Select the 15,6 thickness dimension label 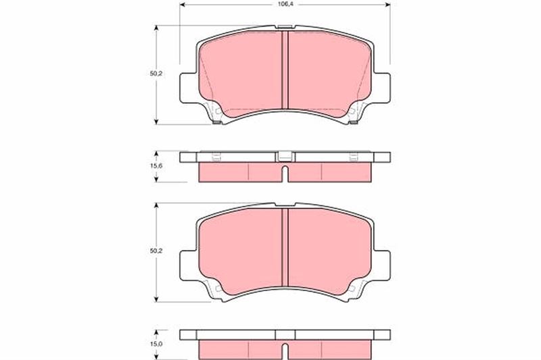[156, 165]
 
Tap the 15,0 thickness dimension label [156, 344]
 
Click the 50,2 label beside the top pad [156, 74]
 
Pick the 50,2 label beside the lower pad [156, 251]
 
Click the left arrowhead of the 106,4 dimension [183, 5]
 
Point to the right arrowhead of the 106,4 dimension [387, 5]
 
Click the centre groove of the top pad [285, 70]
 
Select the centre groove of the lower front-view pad [285, 247]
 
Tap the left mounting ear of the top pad [189, 88]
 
